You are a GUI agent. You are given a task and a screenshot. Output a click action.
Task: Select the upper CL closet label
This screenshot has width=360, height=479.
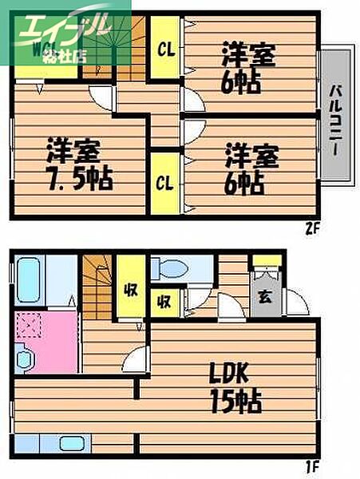[x=165, y=48]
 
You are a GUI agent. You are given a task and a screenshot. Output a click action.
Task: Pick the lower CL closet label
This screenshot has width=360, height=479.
[x=165, y=184]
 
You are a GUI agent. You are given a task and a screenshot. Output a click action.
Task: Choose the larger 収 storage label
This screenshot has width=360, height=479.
[x=129, y=287]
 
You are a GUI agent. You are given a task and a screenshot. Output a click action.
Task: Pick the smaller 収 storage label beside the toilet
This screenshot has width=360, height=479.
[x=164, y=302]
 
